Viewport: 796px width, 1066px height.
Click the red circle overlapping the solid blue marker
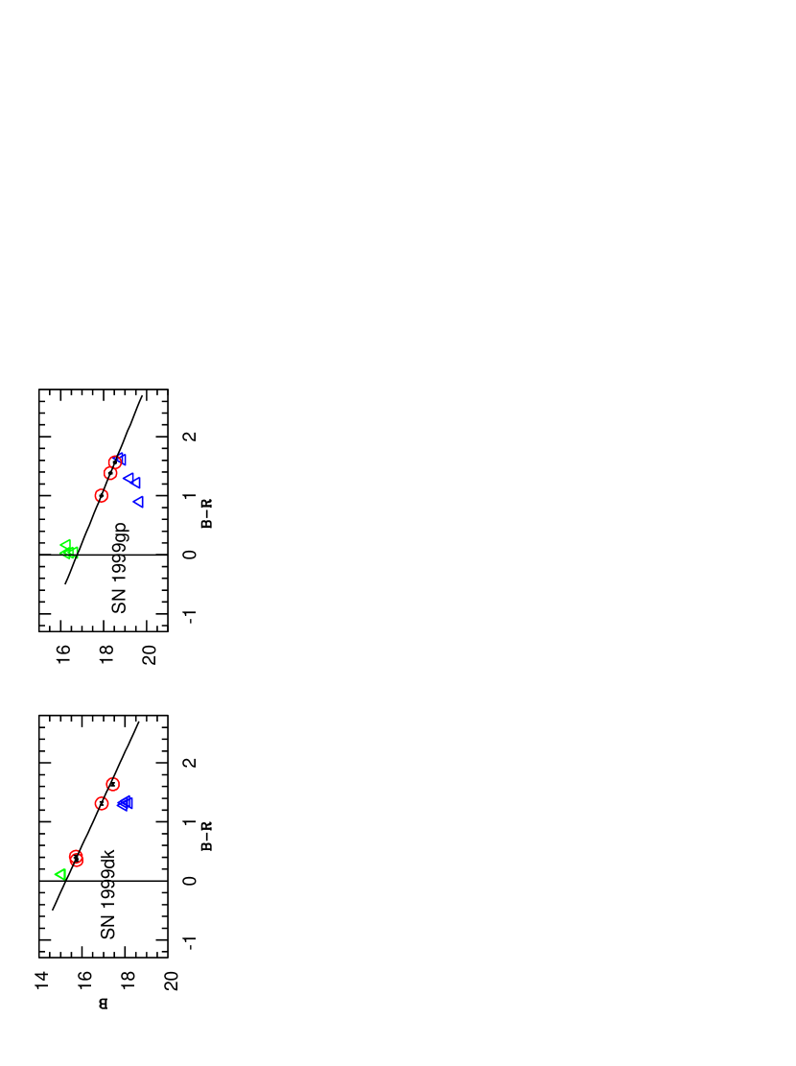(115, 462)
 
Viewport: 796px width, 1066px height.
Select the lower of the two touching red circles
(110, 473)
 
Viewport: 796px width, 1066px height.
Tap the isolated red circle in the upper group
(102, 496)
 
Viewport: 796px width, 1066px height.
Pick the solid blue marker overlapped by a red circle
(122, 458)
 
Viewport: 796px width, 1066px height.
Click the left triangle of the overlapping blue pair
(129, 478)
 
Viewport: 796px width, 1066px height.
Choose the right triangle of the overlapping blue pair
(136, 483)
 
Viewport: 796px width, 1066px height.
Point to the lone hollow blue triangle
(138, 502)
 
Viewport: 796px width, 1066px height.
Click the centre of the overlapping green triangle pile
(69, 551)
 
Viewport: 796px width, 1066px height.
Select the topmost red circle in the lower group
(112, 784)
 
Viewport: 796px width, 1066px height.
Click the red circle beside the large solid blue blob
(102, 804)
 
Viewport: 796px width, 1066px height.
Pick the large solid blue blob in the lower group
(125, 804)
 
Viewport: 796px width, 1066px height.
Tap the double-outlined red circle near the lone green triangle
(77, 859)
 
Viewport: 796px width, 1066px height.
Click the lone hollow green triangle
(60, 874)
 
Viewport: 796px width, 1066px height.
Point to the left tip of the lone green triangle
(55, 874)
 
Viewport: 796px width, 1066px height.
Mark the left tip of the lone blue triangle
(133, 502)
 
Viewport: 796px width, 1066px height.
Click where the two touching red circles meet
(112, 467)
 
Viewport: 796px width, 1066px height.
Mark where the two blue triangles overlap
(132, 480)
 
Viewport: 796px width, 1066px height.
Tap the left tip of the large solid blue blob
(116, 804)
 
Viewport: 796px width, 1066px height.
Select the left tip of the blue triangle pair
(123, 478)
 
